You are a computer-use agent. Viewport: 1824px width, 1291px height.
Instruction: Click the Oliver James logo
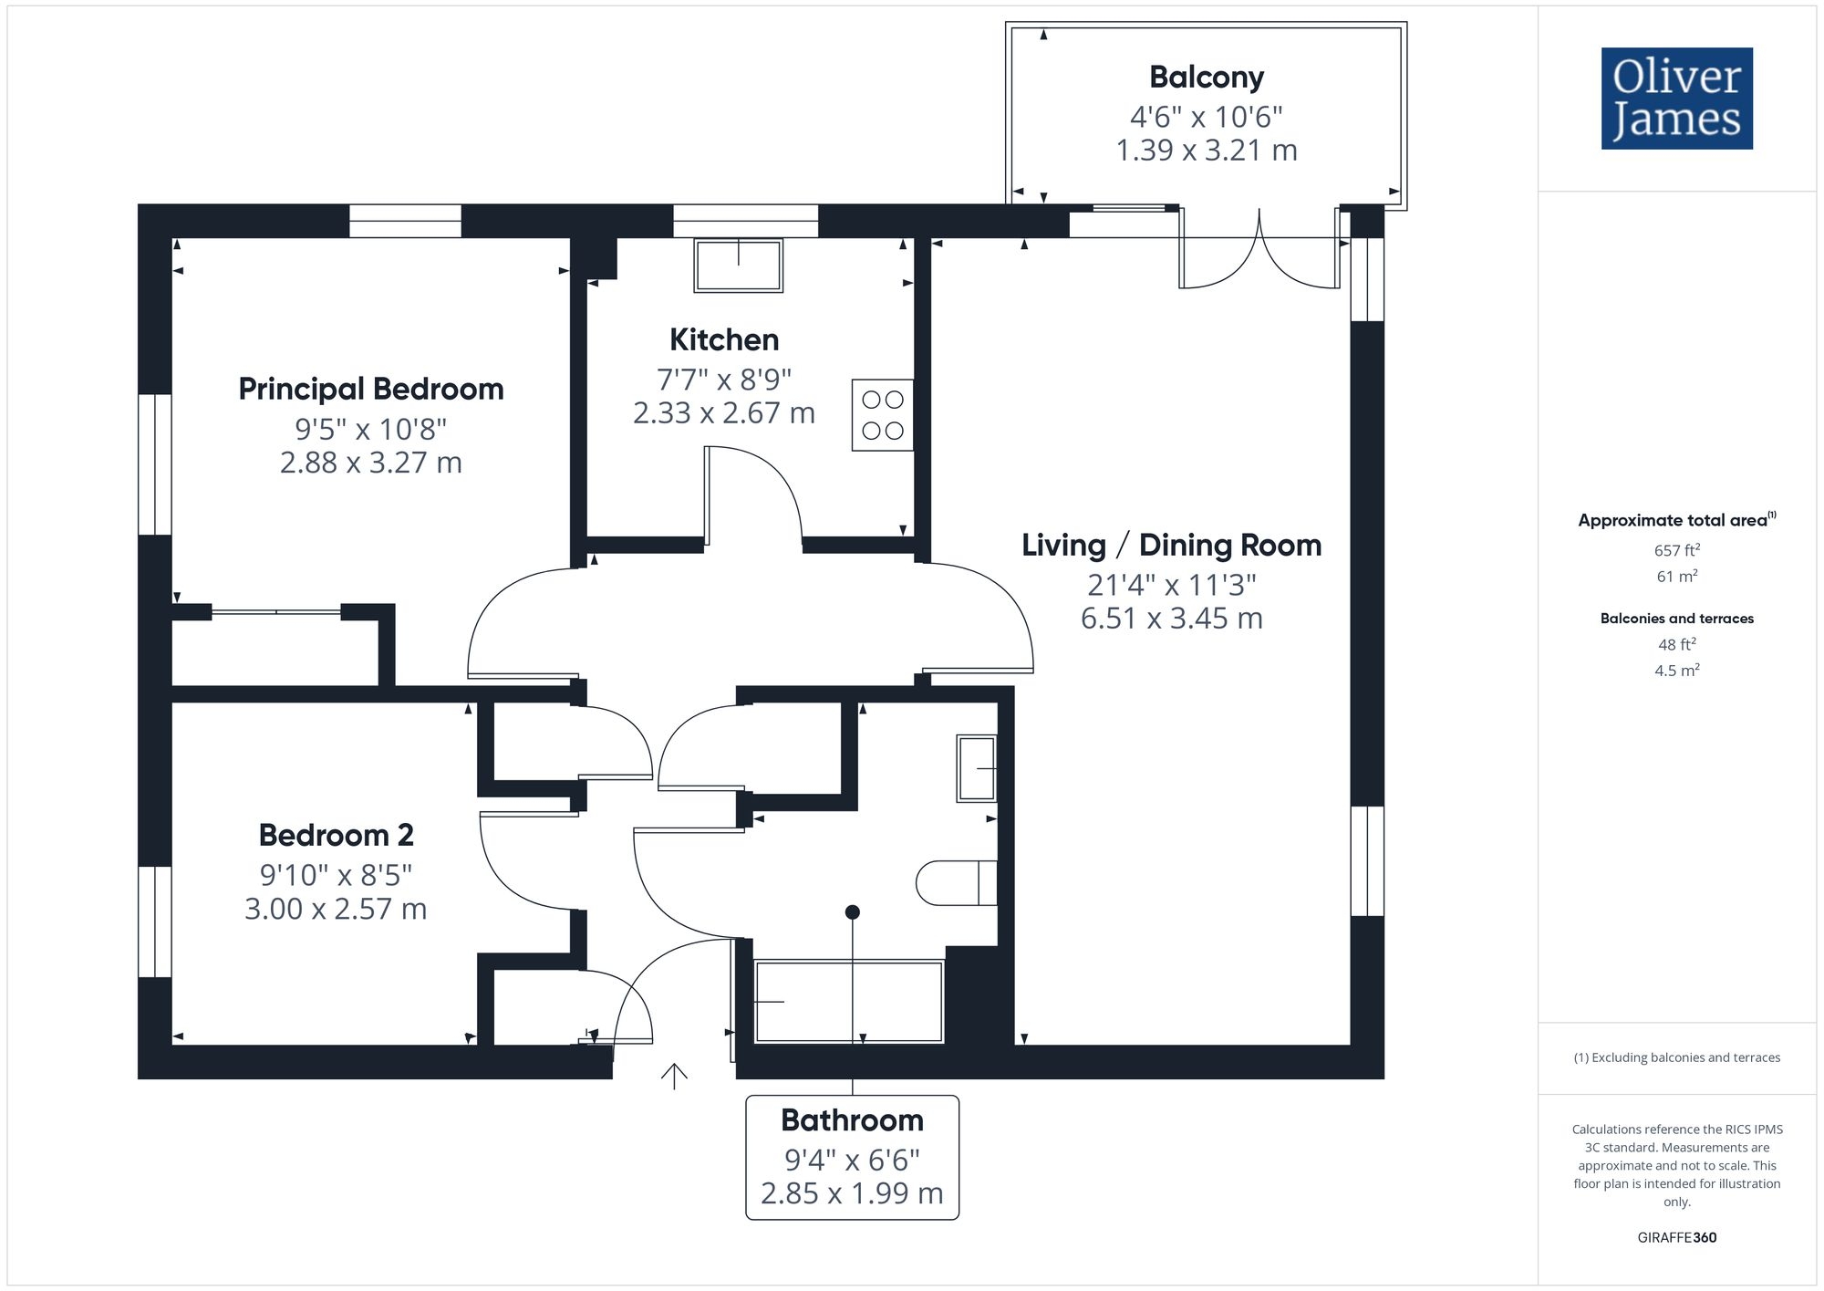click(1676, 99)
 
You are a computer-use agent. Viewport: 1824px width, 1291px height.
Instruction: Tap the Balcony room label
click(1206, 78)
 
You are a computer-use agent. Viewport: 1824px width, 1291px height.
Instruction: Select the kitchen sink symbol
click(738, 265)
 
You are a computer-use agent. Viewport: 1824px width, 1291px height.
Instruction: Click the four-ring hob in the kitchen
click(882, 415)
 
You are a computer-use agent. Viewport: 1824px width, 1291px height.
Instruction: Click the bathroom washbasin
click(976, 768)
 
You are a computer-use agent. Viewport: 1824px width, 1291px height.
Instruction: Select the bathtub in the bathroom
click(848, 1001)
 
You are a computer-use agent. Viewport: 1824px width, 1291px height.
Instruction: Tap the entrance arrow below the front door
click(674, 1076)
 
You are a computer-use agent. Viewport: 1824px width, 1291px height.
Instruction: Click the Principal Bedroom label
click(370, 390)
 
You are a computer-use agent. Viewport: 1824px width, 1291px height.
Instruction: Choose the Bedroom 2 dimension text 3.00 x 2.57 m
click(336, 909)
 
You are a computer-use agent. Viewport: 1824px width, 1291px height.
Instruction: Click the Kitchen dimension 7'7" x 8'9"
click(723, 379)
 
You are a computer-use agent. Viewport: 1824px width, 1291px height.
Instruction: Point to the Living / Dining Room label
click(1171, 546)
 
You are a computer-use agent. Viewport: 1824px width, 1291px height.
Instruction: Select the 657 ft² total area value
click(1676, 550)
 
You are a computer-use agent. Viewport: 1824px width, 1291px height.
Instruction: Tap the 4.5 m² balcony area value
click(1676, 671)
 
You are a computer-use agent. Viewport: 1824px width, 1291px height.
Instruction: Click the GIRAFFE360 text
click(1676, 1238)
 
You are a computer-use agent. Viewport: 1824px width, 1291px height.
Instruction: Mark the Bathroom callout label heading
click(852, 1120)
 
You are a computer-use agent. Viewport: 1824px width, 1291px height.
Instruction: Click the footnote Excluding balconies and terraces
click(1676, 1058)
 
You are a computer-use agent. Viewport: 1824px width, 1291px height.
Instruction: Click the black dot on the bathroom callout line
click(853, 912)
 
